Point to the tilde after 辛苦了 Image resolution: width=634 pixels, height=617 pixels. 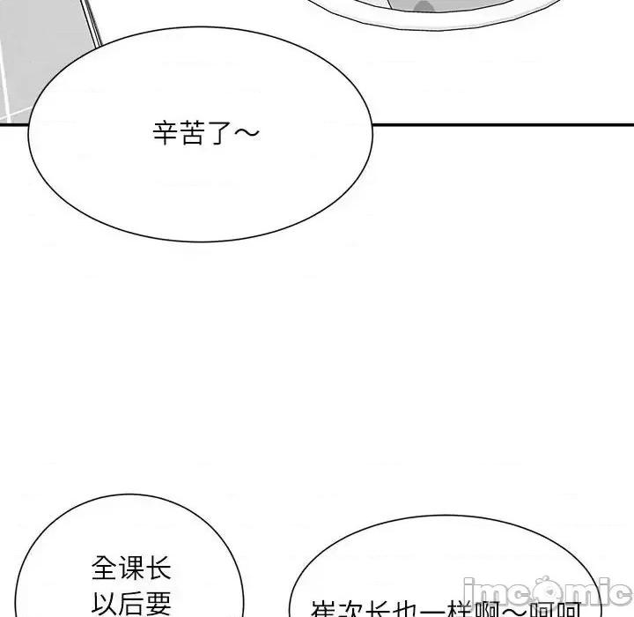coord(247,134)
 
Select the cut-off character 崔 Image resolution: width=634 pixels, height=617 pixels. coord(324,610)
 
